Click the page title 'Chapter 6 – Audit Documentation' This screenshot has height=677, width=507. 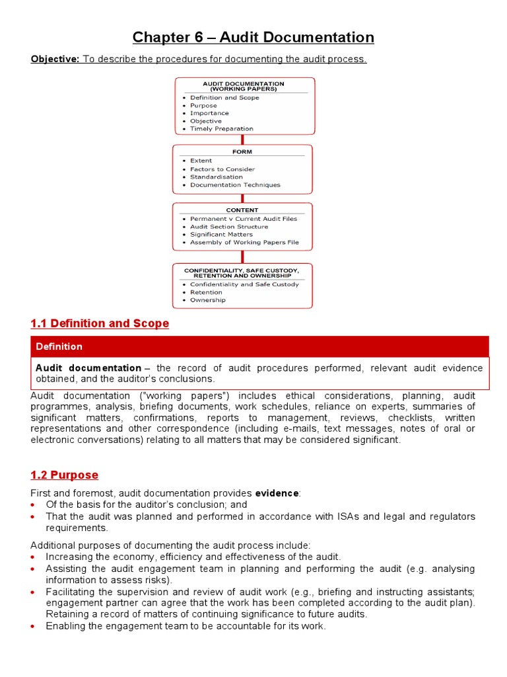tap(253, 38)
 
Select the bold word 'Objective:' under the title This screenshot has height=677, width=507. tap(55, 60)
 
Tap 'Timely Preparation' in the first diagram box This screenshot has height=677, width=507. tap(221, 129)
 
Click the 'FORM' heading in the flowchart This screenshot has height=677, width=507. tap(242, 151)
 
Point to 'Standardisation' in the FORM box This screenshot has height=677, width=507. tap(216, 177)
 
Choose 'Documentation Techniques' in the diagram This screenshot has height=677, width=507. tap(235, 185)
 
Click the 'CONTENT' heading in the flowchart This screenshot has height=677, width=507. tap(242, 210)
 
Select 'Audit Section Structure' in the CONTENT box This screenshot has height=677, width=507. tap(229, 227)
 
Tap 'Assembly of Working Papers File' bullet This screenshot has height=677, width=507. tap(244, 243)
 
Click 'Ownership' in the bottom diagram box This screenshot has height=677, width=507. tap(207, 300)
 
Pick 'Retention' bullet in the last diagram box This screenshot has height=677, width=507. tap(206, 292)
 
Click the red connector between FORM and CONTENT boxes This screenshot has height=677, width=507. tap(242, 198)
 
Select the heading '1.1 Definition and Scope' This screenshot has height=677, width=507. tap(100, 323)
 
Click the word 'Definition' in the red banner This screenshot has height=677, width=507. tap(59, 346)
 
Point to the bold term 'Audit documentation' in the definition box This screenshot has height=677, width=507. tap(88, 368)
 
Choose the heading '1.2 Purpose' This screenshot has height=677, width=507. tap(64, 475)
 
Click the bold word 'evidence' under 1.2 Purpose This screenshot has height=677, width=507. tap(277, 493)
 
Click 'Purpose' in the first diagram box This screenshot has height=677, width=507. tap(203, 106)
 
